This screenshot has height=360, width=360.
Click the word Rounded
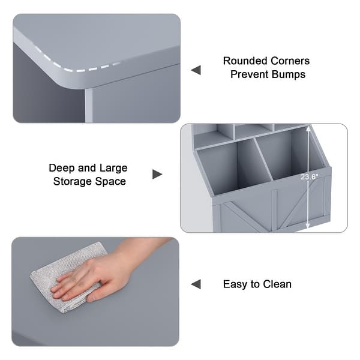click(245, 61)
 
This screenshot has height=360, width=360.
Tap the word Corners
click(290, 61)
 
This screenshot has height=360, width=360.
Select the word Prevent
click(250, 74)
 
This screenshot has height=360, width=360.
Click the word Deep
click(62, 168)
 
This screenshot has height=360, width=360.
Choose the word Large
click(113, 168)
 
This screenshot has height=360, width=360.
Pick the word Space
click(110, 182)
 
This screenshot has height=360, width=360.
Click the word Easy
click(235, 284)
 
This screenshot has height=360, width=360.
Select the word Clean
click(277, 284)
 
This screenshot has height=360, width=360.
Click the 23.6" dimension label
click(310, 177)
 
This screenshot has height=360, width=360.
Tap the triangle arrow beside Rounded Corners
click(196, 70)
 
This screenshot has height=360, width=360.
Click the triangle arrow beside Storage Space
click(157, 174)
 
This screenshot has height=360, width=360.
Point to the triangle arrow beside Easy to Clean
click(196, 284)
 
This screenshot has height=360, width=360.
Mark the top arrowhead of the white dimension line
click(308, 129)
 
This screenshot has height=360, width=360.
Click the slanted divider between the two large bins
click(263, 160)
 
